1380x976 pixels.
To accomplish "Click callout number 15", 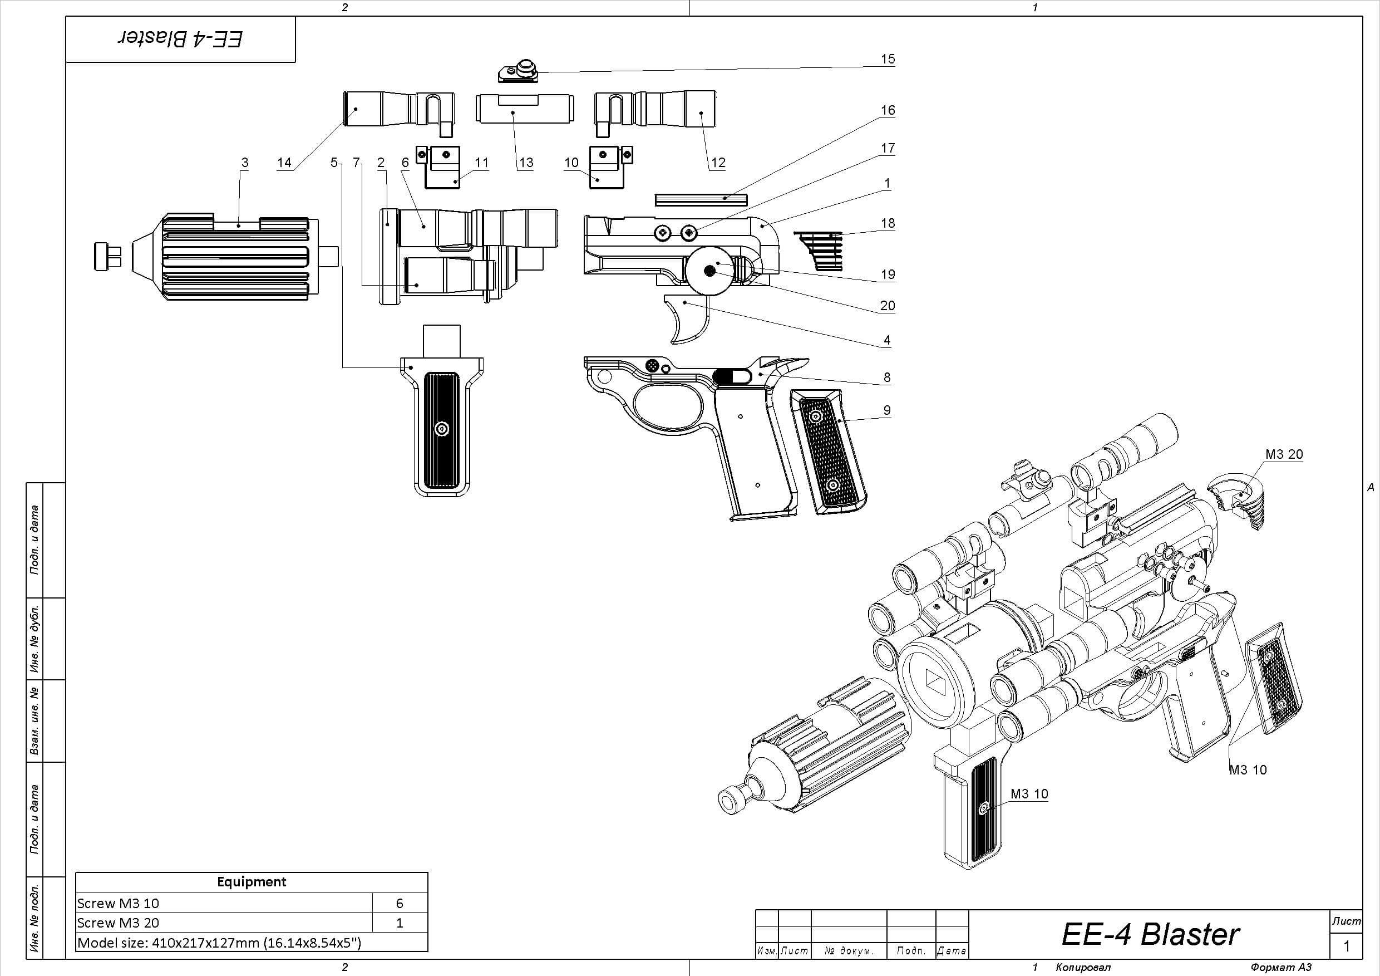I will pyautogui.click(x=888, y=59).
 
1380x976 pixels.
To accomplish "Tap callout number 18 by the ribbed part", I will pyautogui.click(x=888, y=223).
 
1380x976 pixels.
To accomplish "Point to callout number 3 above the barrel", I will pyautogui.click(x=245, y=163).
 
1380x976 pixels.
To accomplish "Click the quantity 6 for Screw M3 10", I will pyautogui.click(x=399, y=903).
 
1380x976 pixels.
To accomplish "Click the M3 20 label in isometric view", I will pyautogui.click(x=1284, y=455).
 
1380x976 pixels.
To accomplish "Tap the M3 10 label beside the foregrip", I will pyautogui.click(x=1029, y=794).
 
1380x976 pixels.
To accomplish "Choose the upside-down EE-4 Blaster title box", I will pyautogui.click(x=180, y=39).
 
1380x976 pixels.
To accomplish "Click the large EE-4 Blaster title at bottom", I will pyautogui.click(x=1150, y=934).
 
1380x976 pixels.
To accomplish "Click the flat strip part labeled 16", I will pyautogui.click(x=701, y=199).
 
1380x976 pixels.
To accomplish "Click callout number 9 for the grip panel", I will pyautogui.click(x=887, y=410).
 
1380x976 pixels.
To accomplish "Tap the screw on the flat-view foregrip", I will pyautogui.click(x=442, y=429).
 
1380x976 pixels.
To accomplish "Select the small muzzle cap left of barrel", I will pyautogui.click(x=107, y=256).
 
